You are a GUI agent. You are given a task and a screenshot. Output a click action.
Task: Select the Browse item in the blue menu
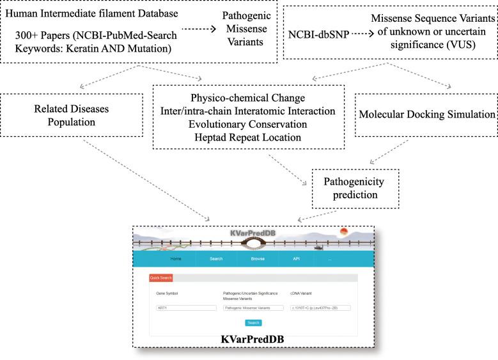(x=258, y=258)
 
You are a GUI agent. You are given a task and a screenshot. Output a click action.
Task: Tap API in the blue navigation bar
(x=296, y=258)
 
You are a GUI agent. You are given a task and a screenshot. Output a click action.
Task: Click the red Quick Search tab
(x=161, y=278)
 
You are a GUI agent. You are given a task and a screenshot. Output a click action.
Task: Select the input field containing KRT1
(x=187, y=308)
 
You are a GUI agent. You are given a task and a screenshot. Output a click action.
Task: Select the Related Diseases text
(x=72, y=108)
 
